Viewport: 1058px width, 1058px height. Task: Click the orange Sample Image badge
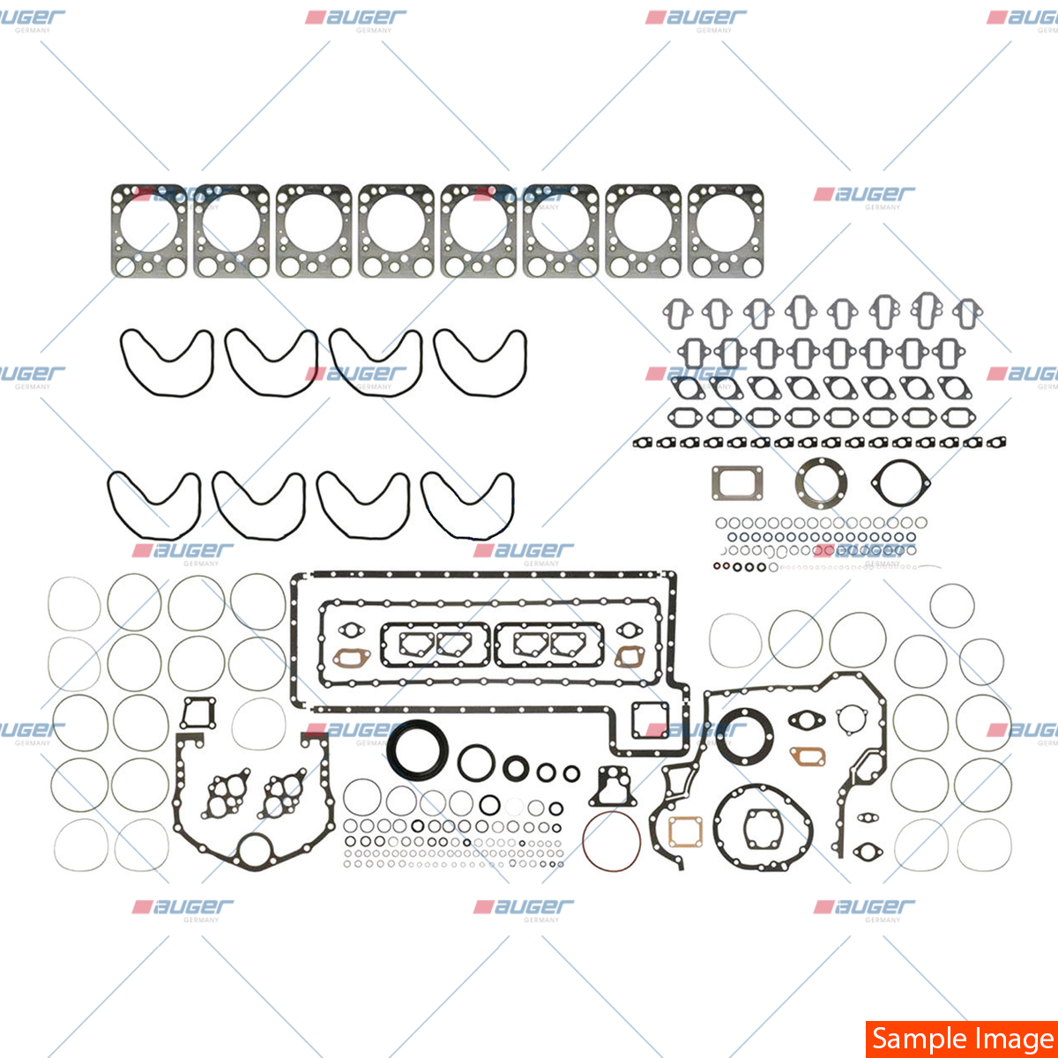pyautogui.click(x=961, y=1039)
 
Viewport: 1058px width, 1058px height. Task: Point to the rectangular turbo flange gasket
pyautogui.click(x=737, y=484)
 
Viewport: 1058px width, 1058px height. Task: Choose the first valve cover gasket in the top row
pyautogui.click(x=167, y=361)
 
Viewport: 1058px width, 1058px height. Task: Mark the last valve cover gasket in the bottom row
pyautogui.click(x=467, y=504)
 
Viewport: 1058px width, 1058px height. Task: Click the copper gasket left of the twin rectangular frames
pyautogui.click(x=352, y=657)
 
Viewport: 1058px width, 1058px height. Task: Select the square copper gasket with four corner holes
pyautogui.click(x=684, y=831)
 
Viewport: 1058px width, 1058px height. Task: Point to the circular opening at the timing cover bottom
pyautogui.click(x=255, y=851)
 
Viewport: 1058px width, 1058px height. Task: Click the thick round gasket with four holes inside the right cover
pyautogui.click(x=763, y=829)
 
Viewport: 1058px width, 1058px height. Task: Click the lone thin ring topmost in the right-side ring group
pyautogui.click(x=952, y=606)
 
